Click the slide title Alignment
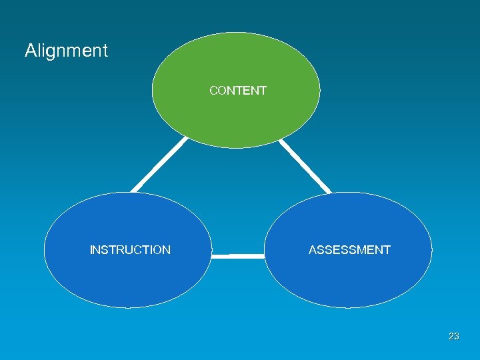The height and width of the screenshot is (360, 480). [x=66, y=51]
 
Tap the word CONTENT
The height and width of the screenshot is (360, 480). [x=237, y=91]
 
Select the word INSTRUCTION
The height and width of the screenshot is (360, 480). [x=130, y=250]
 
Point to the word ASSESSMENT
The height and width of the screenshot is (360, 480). [x=349, y=250]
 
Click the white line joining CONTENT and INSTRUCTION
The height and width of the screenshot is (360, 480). [x=159, y=165]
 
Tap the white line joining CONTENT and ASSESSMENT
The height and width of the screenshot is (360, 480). [x=304, y=166]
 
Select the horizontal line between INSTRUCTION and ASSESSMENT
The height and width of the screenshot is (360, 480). [x=238, y=255]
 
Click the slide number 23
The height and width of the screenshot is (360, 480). [x=454, y=337]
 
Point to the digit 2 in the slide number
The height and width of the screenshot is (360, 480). [x=451, y=337]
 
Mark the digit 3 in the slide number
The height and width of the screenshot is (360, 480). [x=457, y=337]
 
